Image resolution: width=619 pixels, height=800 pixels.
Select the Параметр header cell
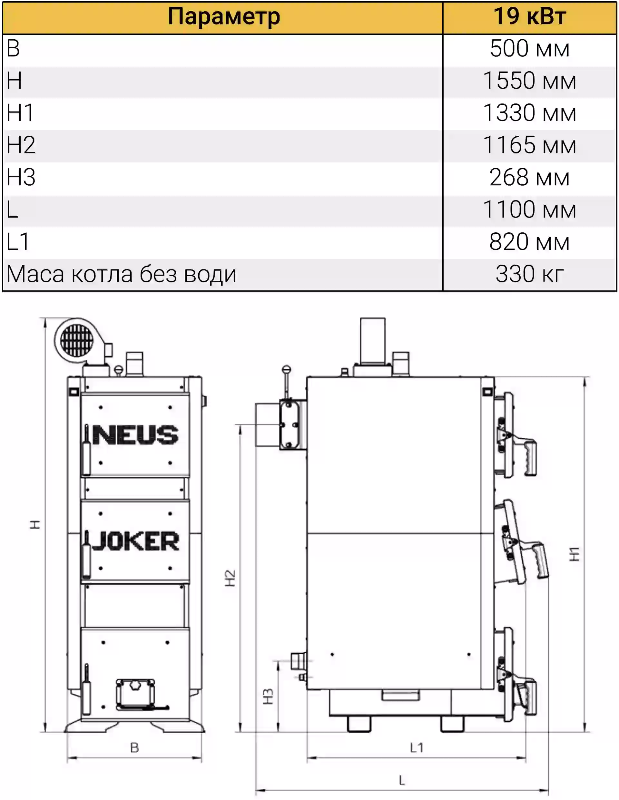tap(223, 17)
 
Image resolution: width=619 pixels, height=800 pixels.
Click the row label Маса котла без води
tap(121, 274)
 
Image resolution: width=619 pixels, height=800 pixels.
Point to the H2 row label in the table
tap(21, 145)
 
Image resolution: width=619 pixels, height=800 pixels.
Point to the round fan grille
tap(77, 340)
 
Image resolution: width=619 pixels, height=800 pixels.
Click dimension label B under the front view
tap(134, 747)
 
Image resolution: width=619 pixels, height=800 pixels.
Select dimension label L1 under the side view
tap(417, 747)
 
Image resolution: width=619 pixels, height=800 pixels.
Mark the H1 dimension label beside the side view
tap(574, 554)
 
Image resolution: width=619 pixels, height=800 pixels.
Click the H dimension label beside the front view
tap(35, 524)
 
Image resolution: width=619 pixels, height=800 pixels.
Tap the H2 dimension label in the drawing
tap(230, 578)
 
